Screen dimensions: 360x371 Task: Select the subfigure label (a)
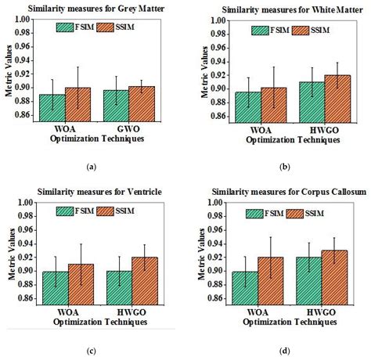coord(92,167)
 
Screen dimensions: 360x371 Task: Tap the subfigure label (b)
coord(286,167)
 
